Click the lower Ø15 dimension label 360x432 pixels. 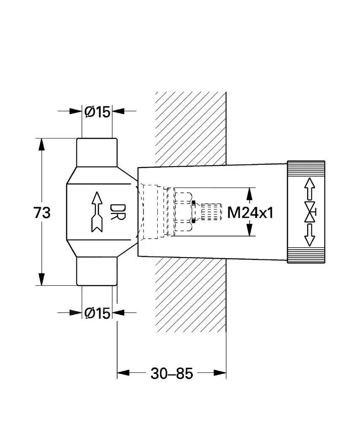(x=97, y=313)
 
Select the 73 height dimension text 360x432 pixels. (x=42, y=212)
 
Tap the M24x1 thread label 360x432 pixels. (x=250, y=212)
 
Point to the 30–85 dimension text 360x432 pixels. (x=171, y=373)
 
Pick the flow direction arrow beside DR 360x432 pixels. (x=97, y=212)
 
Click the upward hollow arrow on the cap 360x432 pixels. (x=310, y=188)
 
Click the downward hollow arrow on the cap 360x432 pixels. (x=310, y=235)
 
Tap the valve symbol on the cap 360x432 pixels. (x=311, y=212)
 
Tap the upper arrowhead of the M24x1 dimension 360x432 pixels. (x=249, y=194)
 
